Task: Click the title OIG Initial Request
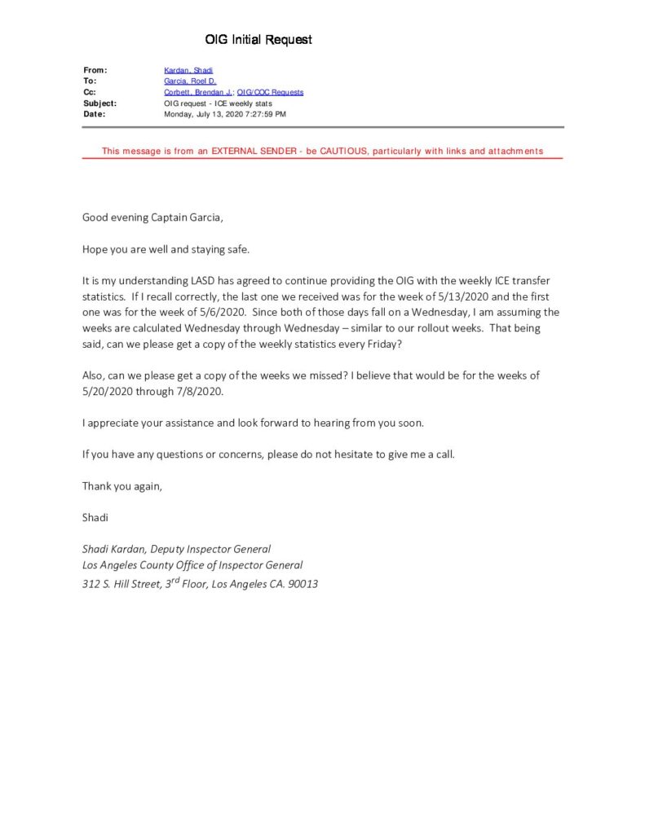pos(258,39)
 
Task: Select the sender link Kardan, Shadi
pos(188,71)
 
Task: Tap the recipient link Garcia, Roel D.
pos(190,81)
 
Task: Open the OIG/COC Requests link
pos(270,93)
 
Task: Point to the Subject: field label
pos(99,103)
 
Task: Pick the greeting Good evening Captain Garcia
pos(152,217)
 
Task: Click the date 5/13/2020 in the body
pos(462,296)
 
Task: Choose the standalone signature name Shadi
pos(95,517)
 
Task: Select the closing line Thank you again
pos(122,486)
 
